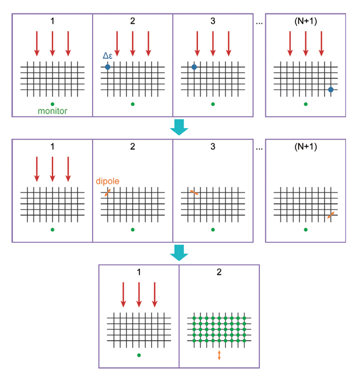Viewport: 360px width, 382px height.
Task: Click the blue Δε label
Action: click(108, 55)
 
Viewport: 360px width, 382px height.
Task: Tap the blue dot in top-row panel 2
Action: click(108, 67)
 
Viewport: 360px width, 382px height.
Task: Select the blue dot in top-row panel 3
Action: click(194, 67)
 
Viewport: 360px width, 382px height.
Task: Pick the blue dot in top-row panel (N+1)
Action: click(331, 89)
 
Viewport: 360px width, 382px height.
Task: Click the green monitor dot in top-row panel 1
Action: click(52, 103)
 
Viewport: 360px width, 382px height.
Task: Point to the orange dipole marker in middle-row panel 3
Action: click(194, 192)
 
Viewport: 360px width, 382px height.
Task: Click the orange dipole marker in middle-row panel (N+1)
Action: click(331, 216)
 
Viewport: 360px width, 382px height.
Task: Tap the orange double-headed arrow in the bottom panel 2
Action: click(219, 355)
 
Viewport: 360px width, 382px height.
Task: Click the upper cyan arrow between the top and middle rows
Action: click(179, 127)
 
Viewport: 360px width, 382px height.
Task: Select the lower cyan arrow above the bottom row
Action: click(179, 253)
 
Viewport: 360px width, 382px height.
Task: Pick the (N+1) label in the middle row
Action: click(306, 146)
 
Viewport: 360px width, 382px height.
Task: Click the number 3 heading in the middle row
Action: click(213, 146)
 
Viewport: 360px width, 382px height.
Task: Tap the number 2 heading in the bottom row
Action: click(220, 272)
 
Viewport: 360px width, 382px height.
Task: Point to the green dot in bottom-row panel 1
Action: click(139, 355)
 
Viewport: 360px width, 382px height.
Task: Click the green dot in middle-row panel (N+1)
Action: click(306, 229)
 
